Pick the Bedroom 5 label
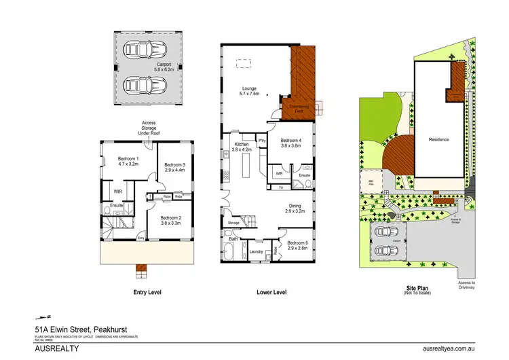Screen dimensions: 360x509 click(297, 246)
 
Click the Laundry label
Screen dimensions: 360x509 click(257, 252)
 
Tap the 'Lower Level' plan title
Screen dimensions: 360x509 click(271, 293)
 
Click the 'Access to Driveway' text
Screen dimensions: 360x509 click(467, 285)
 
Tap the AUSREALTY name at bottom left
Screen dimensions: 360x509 click(57, 348)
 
